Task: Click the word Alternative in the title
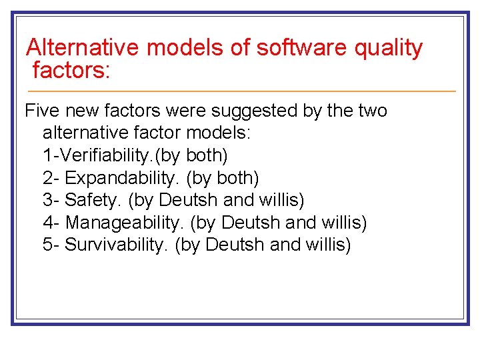[83, 48]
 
